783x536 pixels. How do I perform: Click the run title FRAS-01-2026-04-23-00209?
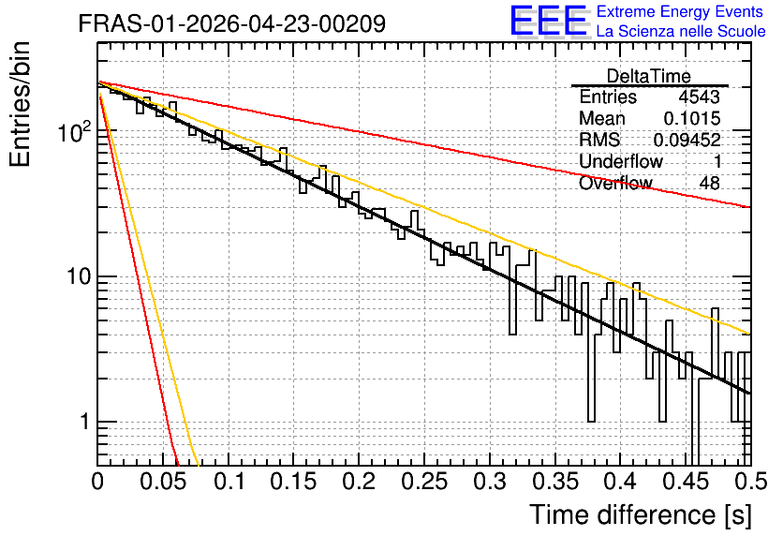pos(232,23)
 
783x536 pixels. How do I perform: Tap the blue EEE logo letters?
pos(548,21)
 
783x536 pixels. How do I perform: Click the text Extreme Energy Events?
pos(680,11)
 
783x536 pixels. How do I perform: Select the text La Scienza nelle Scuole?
pos(681,31)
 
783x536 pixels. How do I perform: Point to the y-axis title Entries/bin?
pos(20,104)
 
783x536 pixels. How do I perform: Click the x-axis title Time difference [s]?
pos(641,514)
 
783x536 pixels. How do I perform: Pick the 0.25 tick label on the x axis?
pos(425,482)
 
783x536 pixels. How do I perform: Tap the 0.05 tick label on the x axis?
pos(163,482)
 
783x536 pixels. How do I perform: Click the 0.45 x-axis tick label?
pos(687,482)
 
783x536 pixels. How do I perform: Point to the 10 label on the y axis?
pos(79,276)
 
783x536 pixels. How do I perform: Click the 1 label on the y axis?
pos(84,422)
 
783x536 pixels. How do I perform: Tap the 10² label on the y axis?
pos(74,131)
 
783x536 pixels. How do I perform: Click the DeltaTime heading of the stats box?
pos(649,76)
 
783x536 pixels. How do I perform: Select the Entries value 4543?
pos(699,97)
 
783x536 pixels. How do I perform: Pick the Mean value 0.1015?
pos(692,118)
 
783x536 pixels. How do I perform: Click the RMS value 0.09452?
pos(687,140)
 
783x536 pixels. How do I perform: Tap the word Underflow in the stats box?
pos(621,161)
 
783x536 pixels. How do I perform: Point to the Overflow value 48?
pos(710,184)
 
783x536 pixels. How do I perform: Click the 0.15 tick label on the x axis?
pos(294,482)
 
